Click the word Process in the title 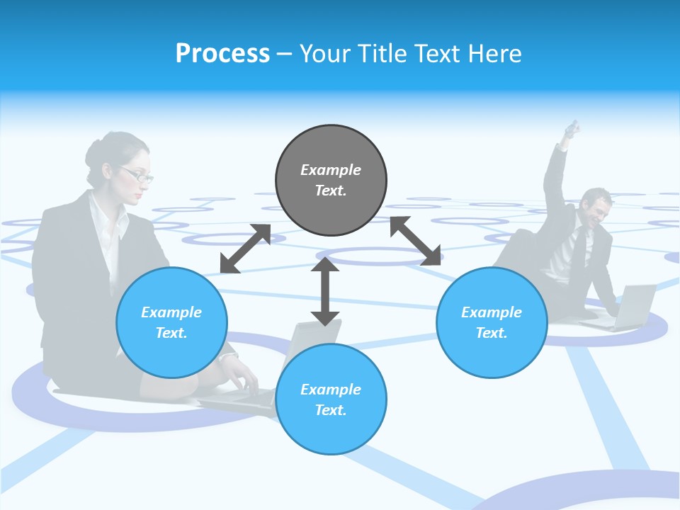click(222, 54)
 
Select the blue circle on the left click(171, 322)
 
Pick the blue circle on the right click(492, 322)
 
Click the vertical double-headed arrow click(325, 291)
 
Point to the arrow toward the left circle click(245, 249)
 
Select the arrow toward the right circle click(416, 241)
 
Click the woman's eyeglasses click(136, 174)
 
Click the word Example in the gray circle click(331, 170)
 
